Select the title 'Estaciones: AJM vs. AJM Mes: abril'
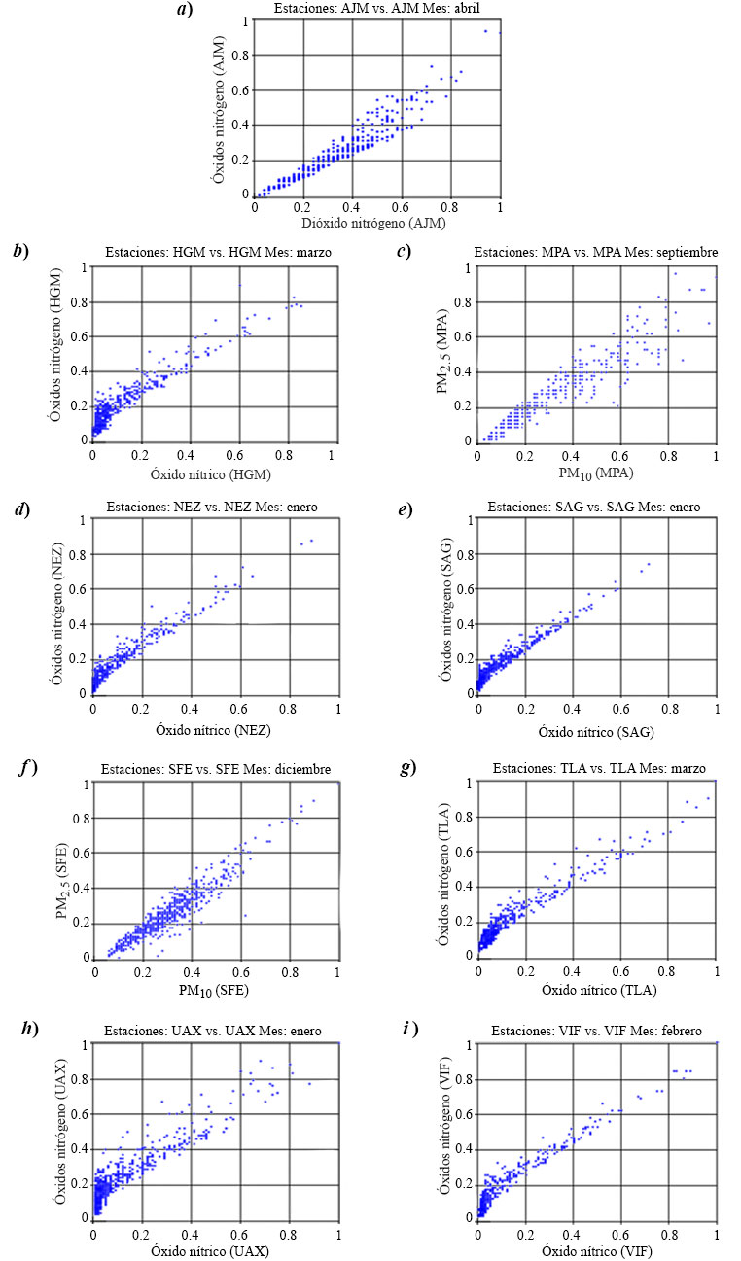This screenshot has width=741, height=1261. click(x=376, y=10)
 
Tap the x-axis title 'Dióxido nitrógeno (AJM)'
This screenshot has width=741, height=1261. click(x=377, y=223)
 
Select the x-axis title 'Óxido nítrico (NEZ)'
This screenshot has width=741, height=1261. click(x=214, y=728)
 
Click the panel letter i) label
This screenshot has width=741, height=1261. click(x=406, y=1030)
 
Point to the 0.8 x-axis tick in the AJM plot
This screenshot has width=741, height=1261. click(x=450, y=207)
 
